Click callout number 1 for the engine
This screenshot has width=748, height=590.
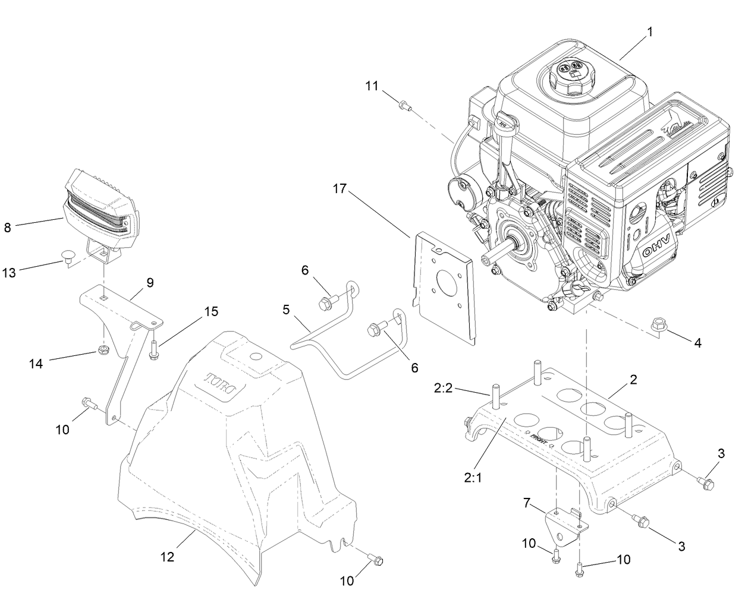649,33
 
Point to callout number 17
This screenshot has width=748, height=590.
340,190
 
